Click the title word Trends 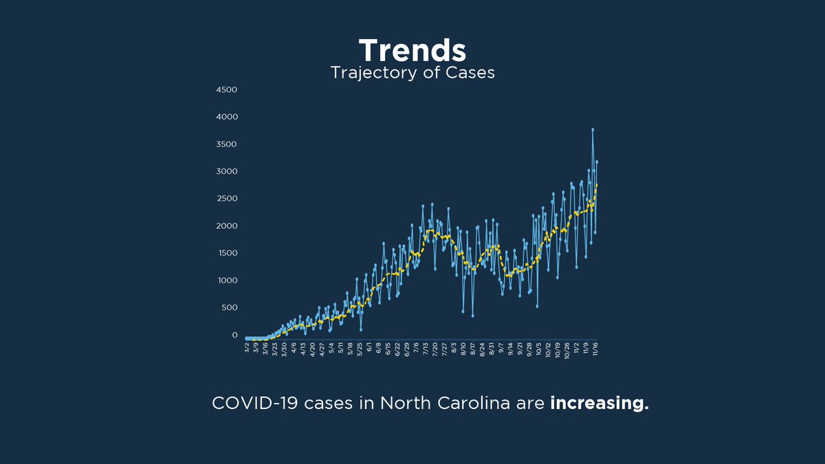click(412, 51)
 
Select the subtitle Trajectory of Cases click(412, 73)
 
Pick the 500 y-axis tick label click(228, 307)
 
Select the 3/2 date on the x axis click(247, 348)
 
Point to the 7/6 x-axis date click(417, 348)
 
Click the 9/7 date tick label click(501, 348)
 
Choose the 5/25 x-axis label click(360, 349)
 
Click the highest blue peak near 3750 click(593, 129)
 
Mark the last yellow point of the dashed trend click(597, 185)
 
